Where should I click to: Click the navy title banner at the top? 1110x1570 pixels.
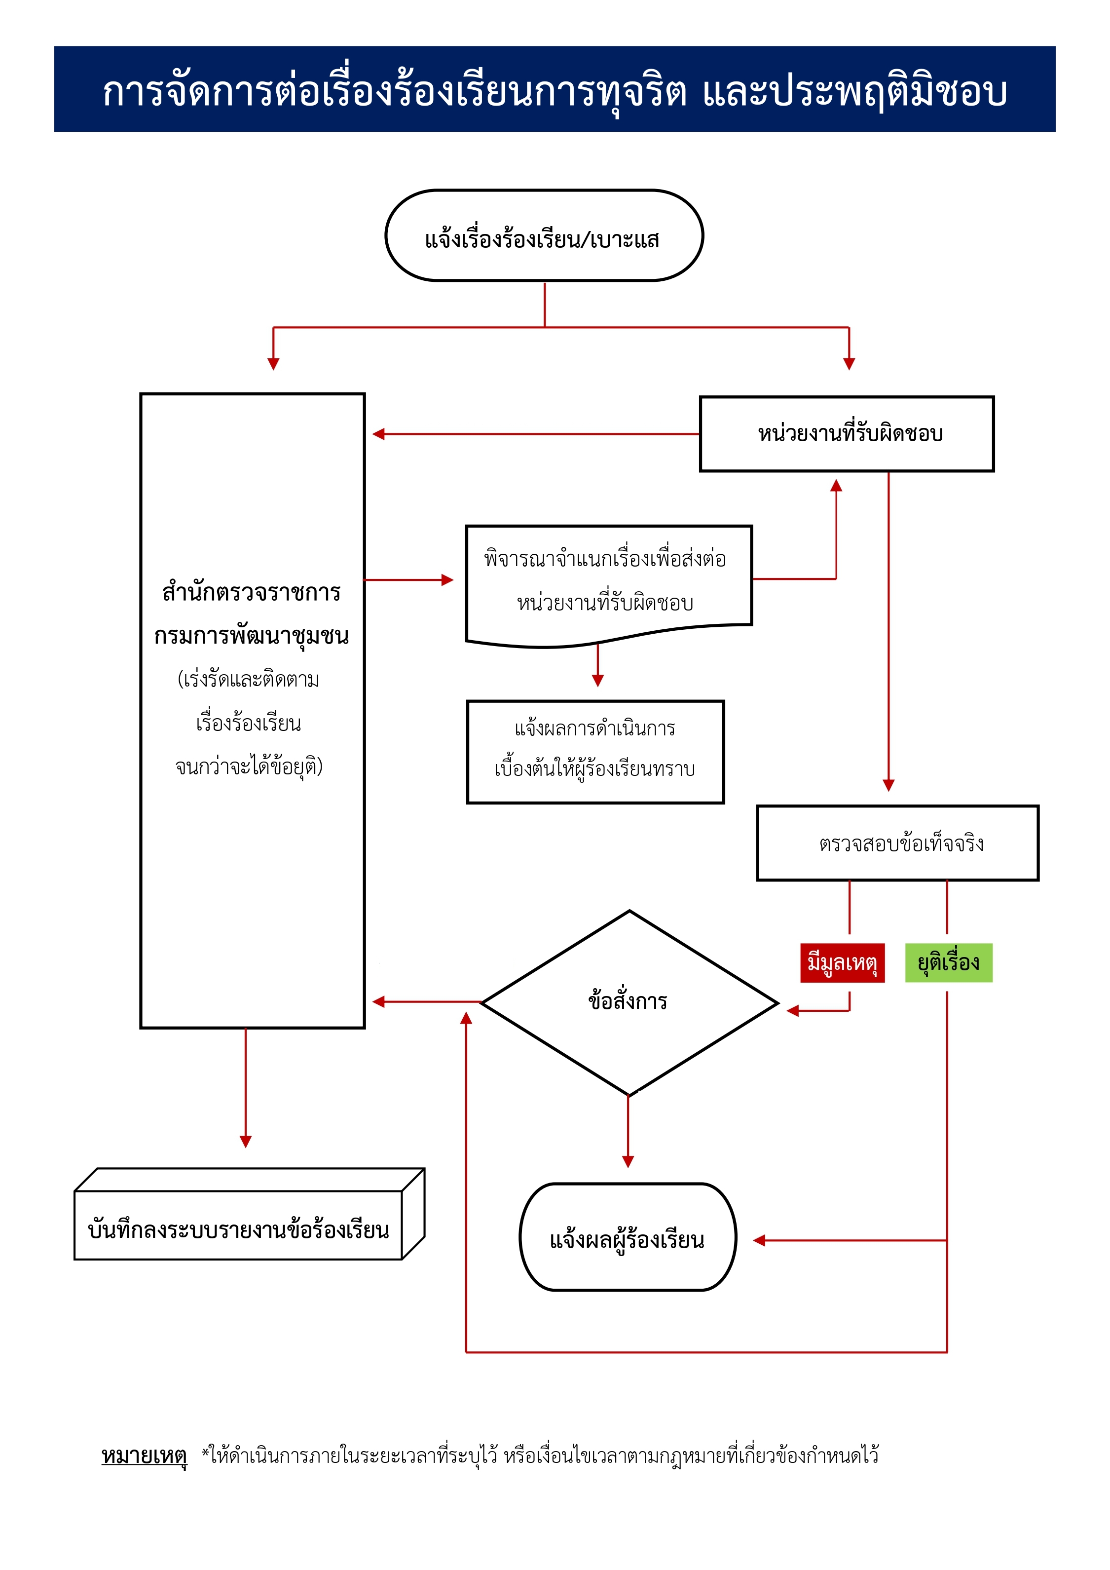(555, 89)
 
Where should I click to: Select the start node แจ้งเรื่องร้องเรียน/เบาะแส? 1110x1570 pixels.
(544, 236)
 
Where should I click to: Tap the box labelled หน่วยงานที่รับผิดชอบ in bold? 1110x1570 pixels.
(847, 433)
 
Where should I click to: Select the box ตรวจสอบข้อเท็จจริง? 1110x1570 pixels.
(897, 843)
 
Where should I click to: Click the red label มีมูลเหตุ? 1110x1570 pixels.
(842, 963)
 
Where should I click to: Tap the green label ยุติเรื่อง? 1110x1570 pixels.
(948, 963)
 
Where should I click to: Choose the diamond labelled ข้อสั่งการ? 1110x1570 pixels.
(629, 1002)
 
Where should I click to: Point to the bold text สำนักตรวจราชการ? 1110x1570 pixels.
(252, 592)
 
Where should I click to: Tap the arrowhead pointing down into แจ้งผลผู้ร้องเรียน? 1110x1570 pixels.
(628, 1161)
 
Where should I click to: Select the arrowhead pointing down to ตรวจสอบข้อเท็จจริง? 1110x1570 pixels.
(888, 785)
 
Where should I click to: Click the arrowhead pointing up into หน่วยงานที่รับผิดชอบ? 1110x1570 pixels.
(836, 486)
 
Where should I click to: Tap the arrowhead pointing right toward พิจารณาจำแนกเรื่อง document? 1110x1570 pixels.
(447, 580)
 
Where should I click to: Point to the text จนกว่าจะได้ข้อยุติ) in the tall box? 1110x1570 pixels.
(249, 766)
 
